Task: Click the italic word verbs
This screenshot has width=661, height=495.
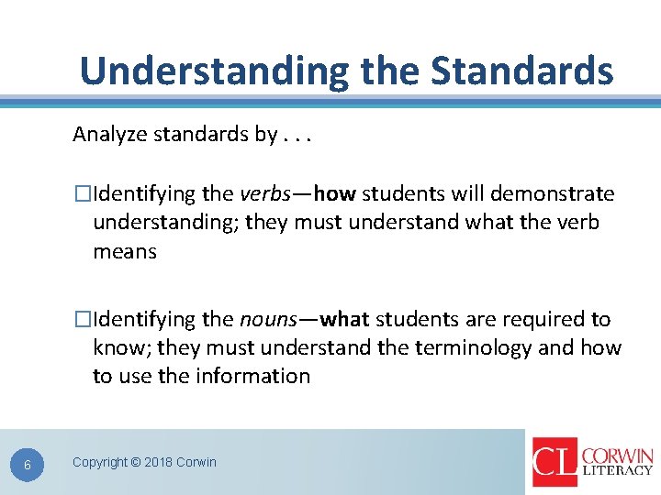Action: tap(267, 194)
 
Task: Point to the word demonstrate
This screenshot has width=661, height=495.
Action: tap(553, 194)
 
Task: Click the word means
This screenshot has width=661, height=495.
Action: tap(125, 251)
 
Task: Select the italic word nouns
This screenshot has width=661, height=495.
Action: tap(269, 320)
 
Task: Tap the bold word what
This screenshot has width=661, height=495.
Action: tap(345, 320)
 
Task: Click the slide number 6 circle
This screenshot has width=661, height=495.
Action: tap(28, 465)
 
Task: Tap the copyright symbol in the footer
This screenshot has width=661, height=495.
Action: tap(136, 462)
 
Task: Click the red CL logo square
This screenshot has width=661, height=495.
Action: tap(555, 461)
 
